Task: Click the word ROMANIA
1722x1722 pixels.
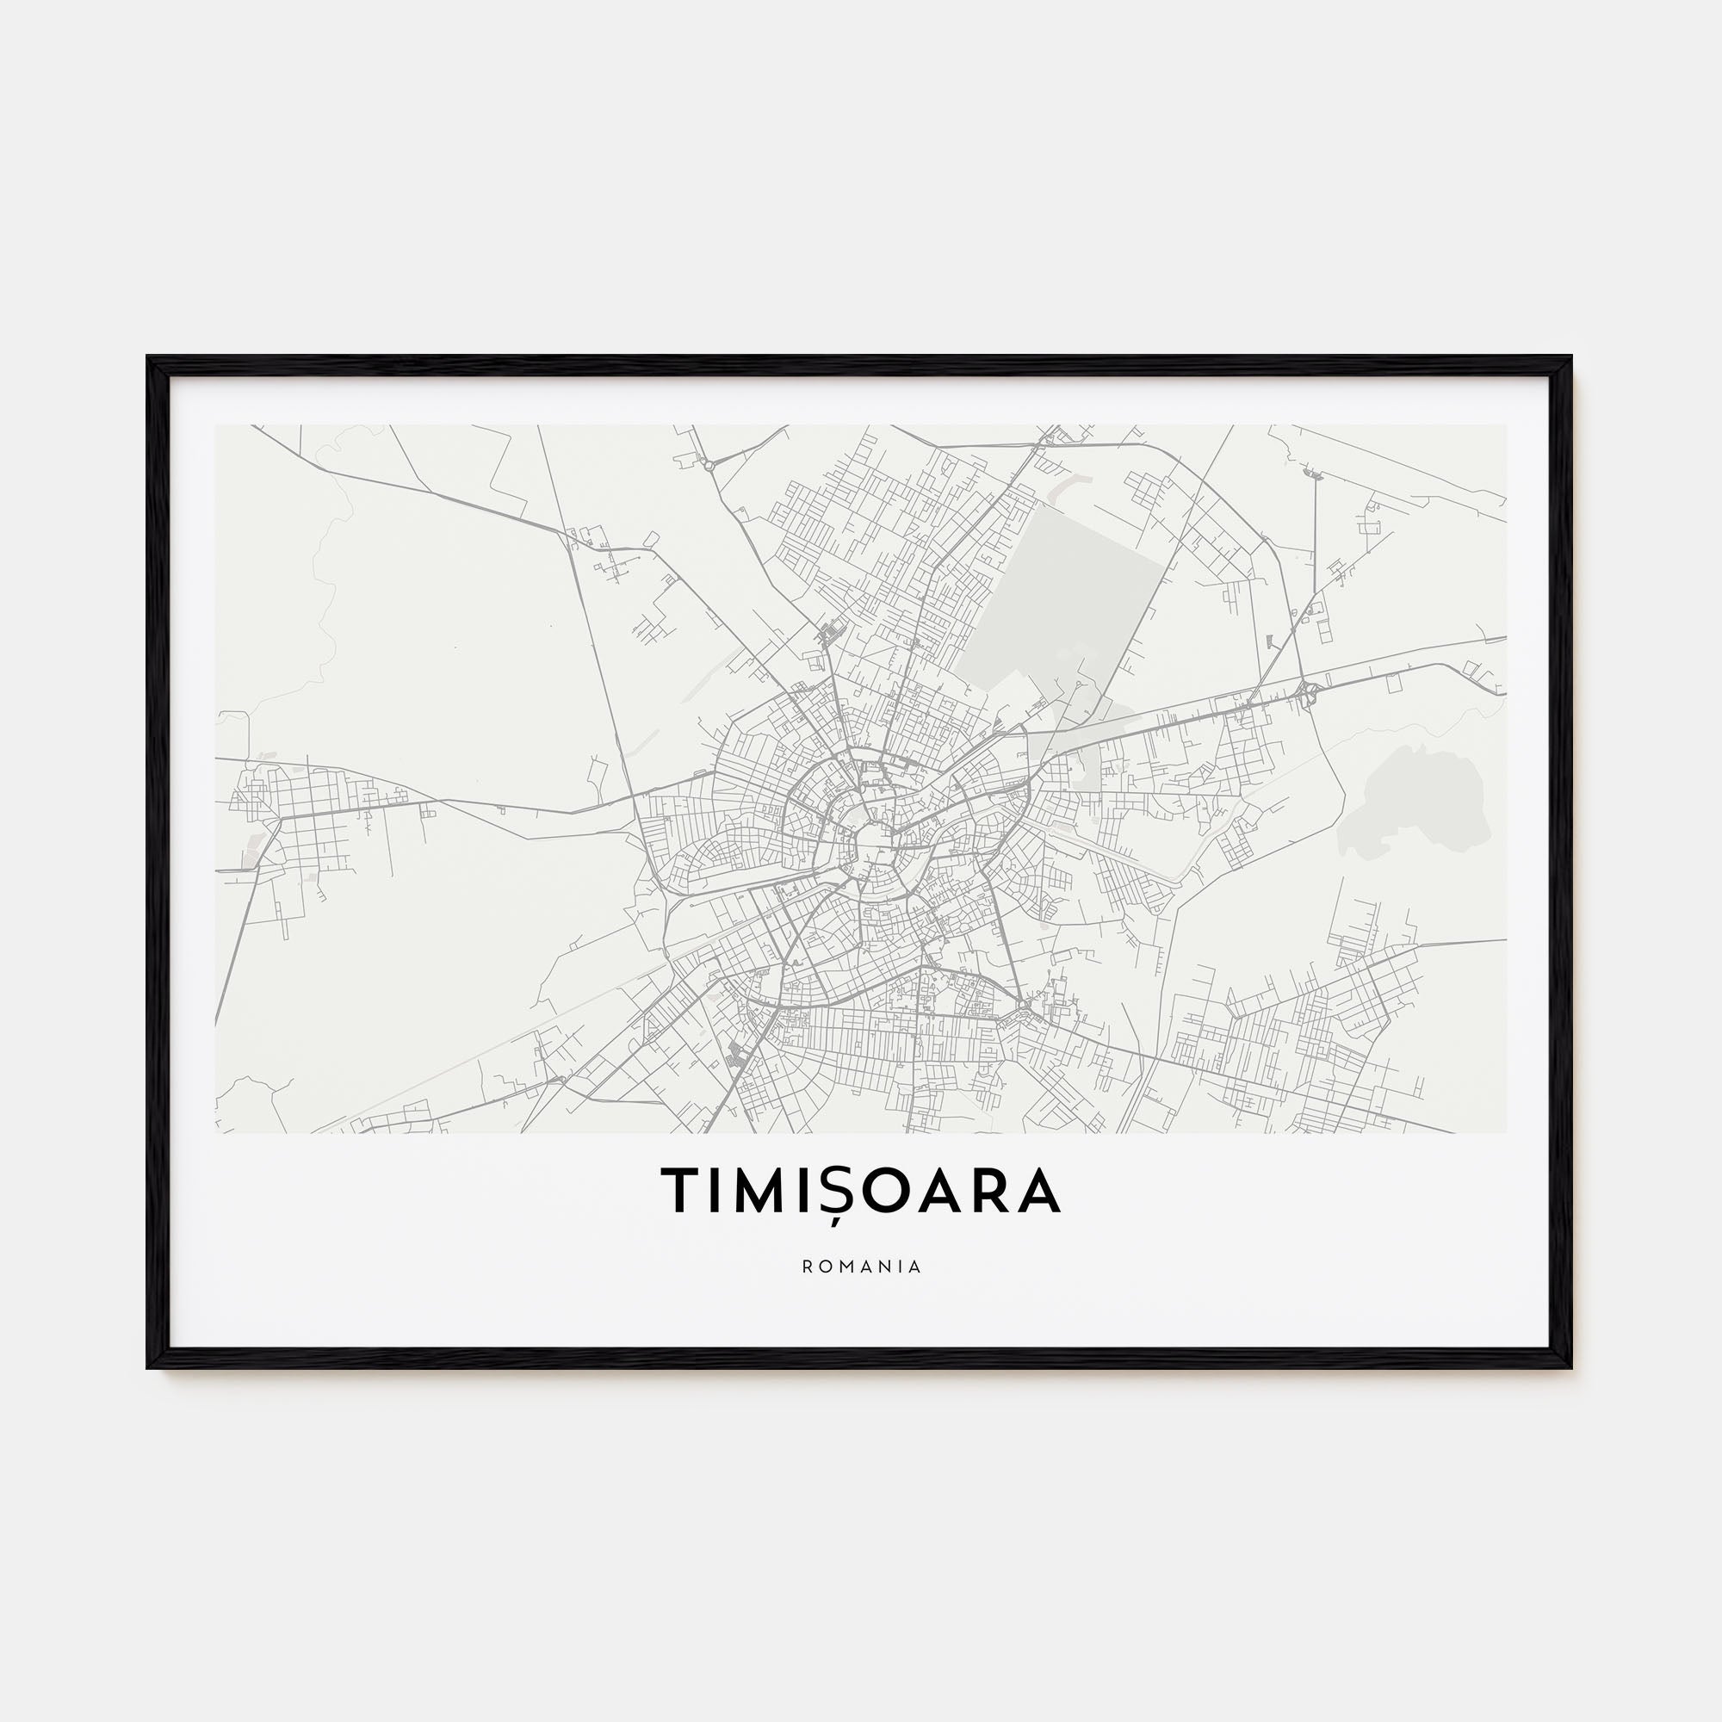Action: [861, 1267]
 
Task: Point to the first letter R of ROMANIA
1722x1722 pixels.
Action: [806, 1267]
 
